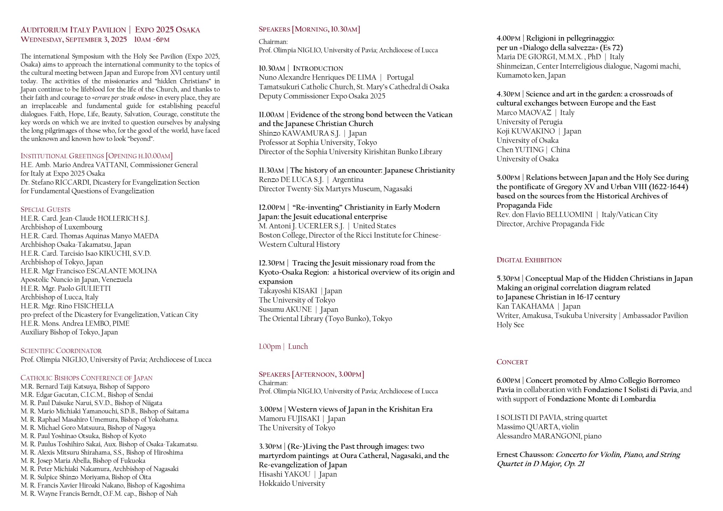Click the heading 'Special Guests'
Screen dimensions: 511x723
tap(46, 209)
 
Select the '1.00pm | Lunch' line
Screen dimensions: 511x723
tap(283, 346)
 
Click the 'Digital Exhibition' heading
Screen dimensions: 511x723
tap(529, 260)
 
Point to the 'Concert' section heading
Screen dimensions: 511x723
tap(512, 362)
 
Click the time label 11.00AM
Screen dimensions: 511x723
tap(271, 115)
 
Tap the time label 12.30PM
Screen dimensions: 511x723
tap(271, 263)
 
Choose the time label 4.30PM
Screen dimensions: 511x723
tap(508, 94)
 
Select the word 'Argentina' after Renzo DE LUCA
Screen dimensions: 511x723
tap(348, 180)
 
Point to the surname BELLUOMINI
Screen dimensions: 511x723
tap(569, 215)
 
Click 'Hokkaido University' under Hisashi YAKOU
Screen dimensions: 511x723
tap(292, 484)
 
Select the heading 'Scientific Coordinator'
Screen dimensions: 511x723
tap(61, 351)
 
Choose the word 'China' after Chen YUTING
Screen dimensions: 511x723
tap(560, 150)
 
